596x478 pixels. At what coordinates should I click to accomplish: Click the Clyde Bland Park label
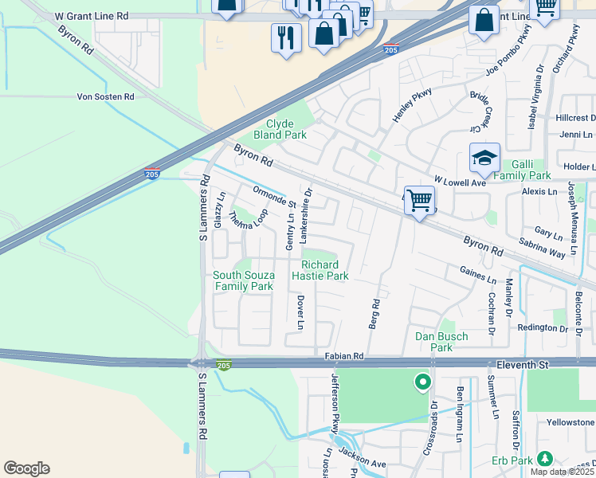(285, 129)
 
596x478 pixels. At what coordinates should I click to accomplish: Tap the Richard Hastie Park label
(325, 270)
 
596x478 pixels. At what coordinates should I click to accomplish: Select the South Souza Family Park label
(243, 280)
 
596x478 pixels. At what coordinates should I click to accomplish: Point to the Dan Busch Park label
(441, 342)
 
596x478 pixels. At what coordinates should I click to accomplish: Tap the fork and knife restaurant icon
(286, 38)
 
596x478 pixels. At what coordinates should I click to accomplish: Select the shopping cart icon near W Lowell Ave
(419, 200)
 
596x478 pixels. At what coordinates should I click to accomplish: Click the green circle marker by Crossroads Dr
(422, 383)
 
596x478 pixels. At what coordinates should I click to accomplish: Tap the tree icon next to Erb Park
(544, 459)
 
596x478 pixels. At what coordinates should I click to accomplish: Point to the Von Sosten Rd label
(105, 96)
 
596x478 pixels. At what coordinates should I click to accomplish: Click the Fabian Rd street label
(343, 356)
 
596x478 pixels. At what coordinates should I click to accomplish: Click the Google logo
(26, 468)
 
